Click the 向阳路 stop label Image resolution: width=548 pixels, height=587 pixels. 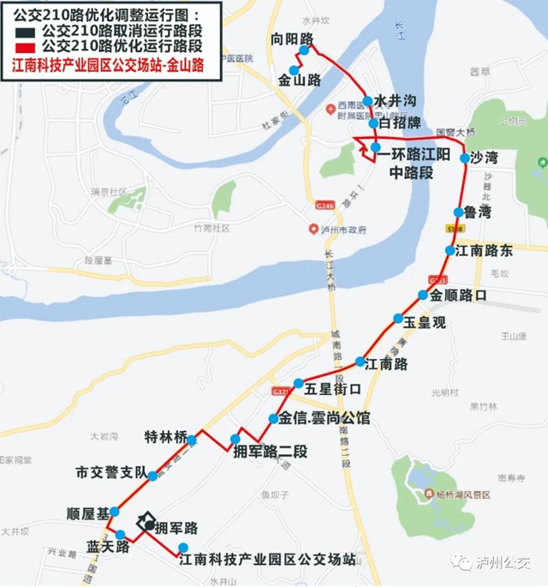coord(291,40)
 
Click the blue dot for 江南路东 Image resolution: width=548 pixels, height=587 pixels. coord(450,251)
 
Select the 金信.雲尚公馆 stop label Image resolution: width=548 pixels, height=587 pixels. coord(325,419)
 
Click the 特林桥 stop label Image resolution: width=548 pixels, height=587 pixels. coord(165,436)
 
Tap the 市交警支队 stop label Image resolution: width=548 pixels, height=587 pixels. coord(111,472)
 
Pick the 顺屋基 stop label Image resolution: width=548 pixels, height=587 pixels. coord(86,514)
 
